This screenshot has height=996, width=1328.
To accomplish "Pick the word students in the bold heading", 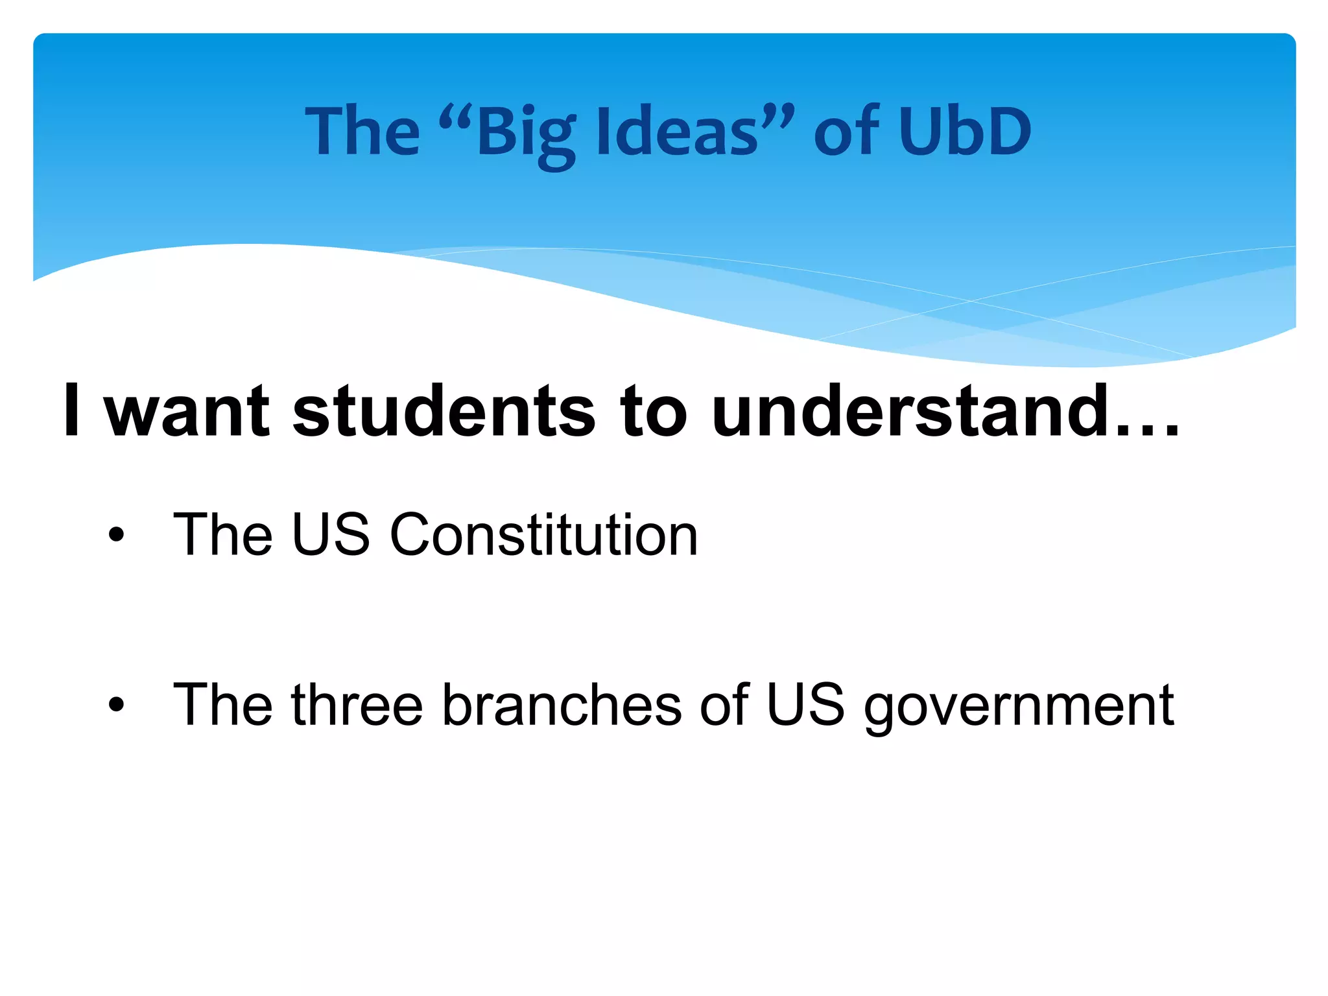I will tap(444, 412).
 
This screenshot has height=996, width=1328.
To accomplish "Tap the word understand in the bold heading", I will tap(910, 412).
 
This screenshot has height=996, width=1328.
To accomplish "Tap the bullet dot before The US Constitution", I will tap(116, 536).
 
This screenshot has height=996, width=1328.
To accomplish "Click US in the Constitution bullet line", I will tap(331, 535).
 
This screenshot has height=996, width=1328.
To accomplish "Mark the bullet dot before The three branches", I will tap(116, 705).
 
